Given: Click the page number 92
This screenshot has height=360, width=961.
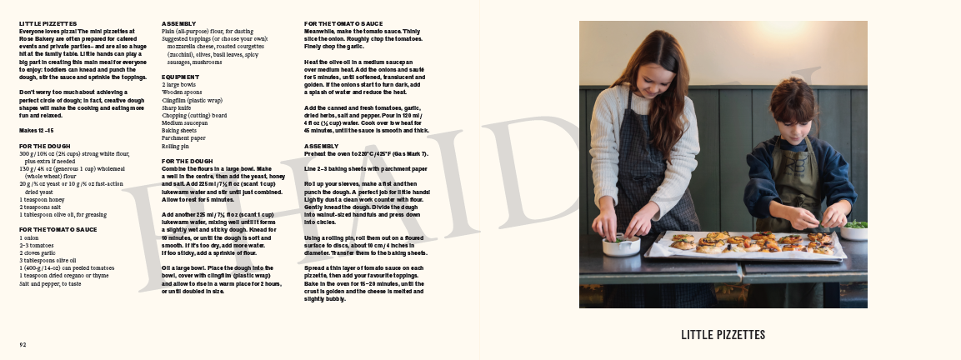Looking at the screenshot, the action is click(x=23, y=345).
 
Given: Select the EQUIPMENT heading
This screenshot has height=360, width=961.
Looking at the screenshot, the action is click(x=180, y=77).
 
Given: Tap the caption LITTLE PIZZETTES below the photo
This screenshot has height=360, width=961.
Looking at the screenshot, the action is click(x=723, y=335).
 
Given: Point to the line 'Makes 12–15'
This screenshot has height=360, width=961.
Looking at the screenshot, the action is click(x=36, y=131).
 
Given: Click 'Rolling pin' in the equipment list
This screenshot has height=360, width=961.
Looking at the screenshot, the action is click(x=175, y=147).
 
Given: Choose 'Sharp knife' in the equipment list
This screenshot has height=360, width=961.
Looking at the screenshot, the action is click(x=177, y=108).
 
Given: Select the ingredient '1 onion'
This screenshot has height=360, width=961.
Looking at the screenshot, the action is click(x=29, y=238).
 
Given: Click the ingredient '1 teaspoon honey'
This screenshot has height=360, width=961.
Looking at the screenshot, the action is click(x=42, y=200).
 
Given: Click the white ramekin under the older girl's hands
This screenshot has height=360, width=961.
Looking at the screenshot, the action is click(x=621, y=245).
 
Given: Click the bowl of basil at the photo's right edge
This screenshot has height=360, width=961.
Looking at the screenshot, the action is click(x=854, y=230).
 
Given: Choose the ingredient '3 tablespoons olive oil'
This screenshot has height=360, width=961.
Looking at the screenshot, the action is click(x=48, y=261).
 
